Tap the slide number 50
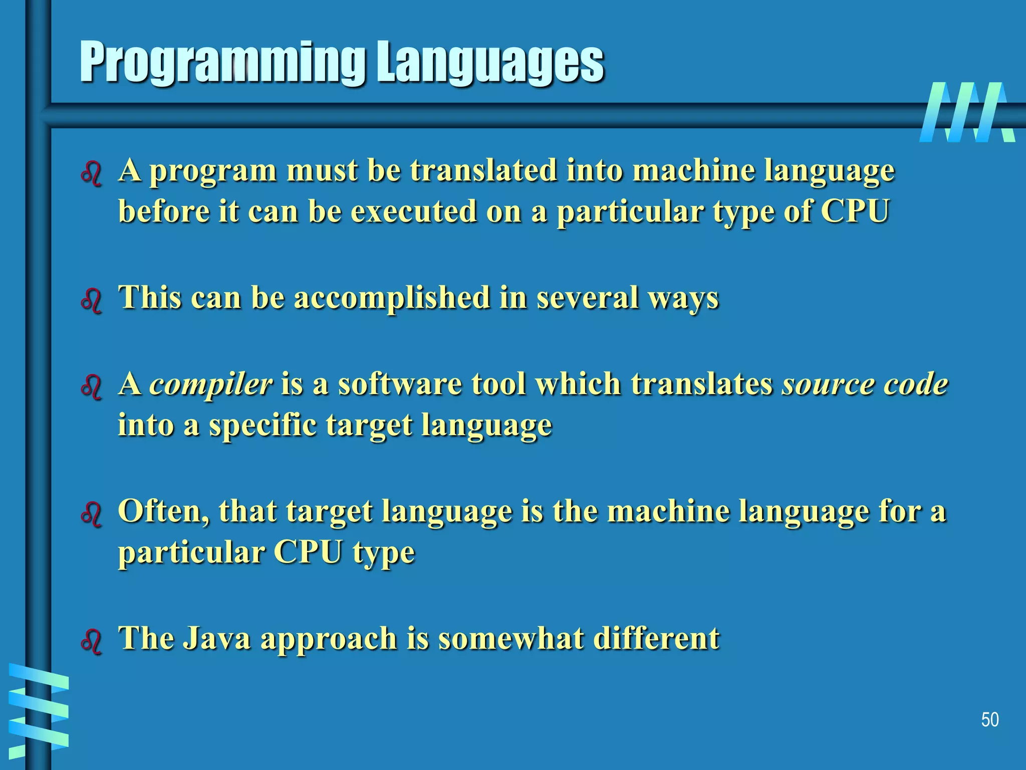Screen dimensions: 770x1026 (989, 719)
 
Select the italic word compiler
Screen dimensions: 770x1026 (210, 385)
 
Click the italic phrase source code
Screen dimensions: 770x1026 (865, 384)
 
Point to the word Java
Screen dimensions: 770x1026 (216, 639)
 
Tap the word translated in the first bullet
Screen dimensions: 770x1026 (483, 170)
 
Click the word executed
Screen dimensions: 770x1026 (413, 212)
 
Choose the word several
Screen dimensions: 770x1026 (587, 298)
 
